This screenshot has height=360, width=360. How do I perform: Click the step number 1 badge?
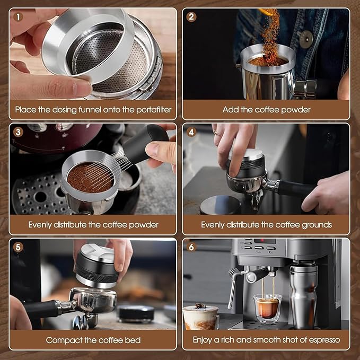tap(19, 16)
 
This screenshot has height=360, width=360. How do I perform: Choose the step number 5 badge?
tap(19, 247)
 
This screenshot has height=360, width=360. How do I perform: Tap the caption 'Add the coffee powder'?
tap(266, 110)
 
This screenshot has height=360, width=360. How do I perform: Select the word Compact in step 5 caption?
tap(63, 340)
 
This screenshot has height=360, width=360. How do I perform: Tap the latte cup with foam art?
tap(200, 317)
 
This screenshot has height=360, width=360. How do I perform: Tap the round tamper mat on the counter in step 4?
tap(219, 204)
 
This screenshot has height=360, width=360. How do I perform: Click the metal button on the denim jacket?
tap(305, 39)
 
